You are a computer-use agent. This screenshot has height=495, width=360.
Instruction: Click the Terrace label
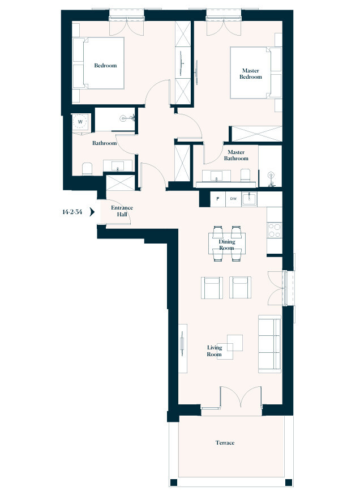point(225,443)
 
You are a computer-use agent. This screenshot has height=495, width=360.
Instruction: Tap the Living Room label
point(214,351)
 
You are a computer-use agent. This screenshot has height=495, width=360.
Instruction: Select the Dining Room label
point(226,245)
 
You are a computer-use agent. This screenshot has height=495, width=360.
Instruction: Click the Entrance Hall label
point(122,211)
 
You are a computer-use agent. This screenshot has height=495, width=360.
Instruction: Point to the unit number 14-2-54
point(72,213)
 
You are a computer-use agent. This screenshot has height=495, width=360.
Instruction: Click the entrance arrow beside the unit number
point(92,213)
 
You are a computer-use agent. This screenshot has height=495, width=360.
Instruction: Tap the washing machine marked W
point(80,122)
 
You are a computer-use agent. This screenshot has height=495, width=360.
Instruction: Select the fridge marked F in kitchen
point(217,199)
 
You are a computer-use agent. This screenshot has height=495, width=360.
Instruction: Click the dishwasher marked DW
point(233,199)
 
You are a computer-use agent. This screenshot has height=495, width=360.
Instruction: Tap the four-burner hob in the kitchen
point(274,230)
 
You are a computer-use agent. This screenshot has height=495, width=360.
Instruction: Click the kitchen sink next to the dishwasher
point(250,199)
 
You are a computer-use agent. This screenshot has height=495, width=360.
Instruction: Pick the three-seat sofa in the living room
point(269,344)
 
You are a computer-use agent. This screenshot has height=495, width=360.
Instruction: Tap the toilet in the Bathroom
point(87,169)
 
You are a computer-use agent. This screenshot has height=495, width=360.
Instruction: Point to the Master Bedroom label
point(250,74)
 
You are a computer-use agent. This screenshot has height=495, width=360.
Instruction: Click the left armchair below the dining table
point(213,288)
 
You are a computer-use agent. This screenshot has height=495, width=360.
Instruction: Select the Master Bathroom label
point(235,155)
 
